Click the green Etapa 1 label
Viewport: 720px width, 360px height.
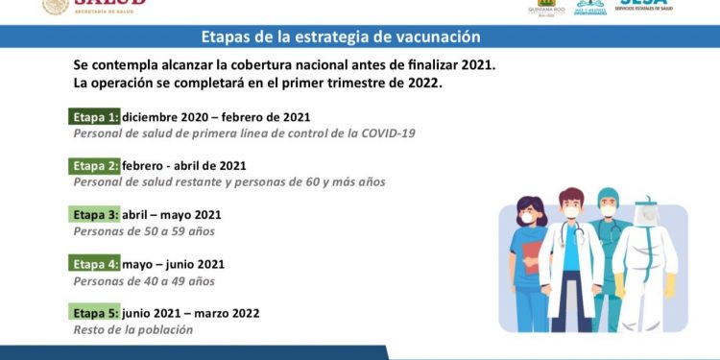tap(95, 117)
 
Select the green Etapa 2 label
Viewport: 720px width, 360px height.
tap(95, 165)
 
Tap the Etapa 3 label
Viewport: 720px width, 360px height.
tap(95, 214)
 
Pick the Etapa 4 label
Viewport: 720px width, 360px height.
tap(95, 264)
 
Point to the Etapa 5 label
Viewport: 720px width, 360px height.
tap(95, 313)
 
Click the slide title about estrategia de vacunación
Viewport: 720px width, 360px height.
tap(341, 37)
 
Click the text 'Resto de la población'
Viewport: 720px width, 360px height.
tap(133, 329)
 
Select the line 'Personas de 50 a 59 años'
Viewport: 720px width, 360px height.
tap(144, 231)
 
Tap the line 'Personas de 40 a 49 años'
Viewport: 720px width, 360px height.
tap(144, 281)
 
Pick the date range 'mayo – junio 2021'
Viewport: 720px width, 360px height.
tap(174, 264)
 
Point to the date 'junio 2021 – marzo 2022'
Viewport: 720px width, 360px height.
tap(191, 313)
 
